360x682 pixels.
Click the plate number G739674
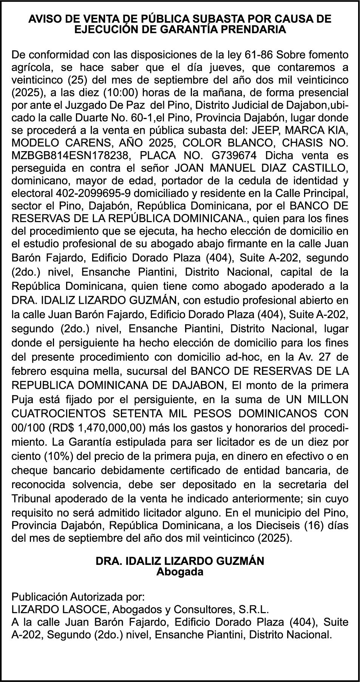234,156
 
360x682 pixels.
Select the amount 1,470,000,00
111,428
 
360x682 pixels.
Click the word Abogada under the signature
180,572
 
